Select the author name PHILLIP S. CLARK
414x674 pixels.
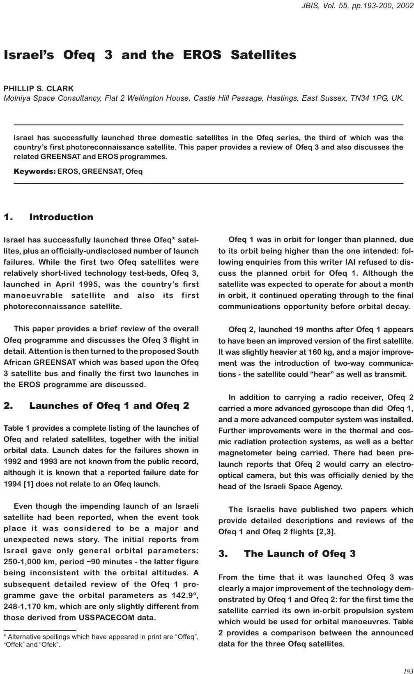(x=39, y=88)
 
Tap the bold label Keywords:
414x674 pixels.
(x=34, y=171)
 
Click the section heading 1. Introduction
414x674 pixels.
(x=48, y=217)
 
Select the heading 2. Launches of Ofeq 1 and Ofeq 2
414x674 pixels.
(x=96, y=406)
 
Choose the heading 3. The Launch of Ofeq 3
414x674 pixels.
(x=287, y=554)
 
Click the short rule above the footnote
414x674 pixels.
(x=40, y=630)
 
